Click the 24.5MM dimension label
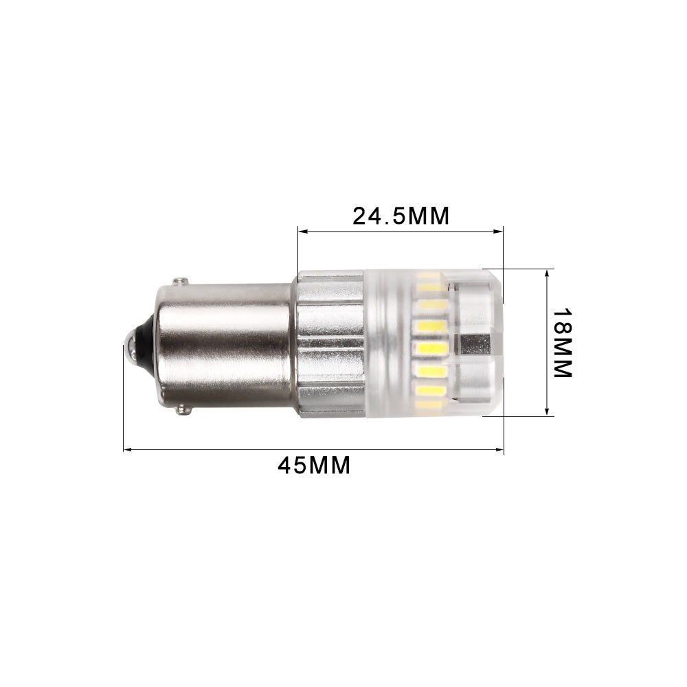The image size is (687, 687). [x=401, y=216]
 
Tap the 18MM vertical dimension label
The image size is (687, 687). [x=563, y=341]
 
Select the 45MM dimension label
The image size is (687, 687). [x=314, y=465]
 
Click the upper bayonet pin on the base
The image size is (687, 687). [x=181, y=281]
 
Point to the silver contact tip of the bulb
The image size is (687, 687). [x=127, y=344]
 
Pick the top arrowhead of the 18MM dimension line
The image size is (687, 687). [x=548, y=272]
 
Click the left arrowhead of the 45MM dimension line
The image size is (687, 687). [x=127, y=450]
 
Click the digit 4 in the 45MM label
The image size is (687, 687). [x=285, y=465]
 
